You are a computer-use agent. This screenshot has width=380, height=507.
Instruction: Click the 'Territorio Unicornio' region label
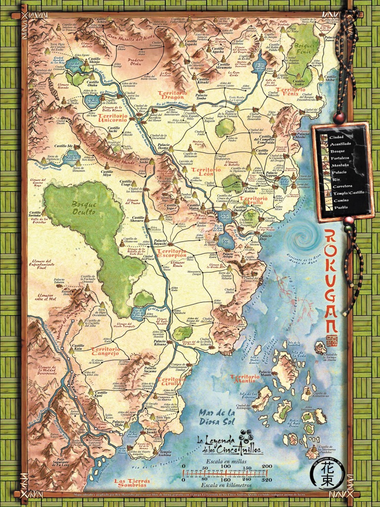(x=113, y=117)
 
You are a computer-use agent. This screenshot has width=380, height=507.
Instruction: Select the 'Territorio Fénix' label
(x=290, y=91)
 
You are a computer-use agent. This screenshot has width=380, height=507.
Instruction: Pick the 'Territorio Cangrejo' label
(x=106, y=351)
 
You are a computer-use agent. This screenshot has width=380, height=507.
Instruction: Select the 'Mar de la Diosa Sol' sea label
(x=216, y=417)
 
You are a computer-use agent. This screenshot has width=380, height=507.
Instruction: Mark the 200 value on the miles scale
(x=267, y=466)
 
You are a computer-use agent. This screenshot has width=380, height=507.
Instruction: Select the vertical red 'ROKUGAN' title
(x=332, y=282)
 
